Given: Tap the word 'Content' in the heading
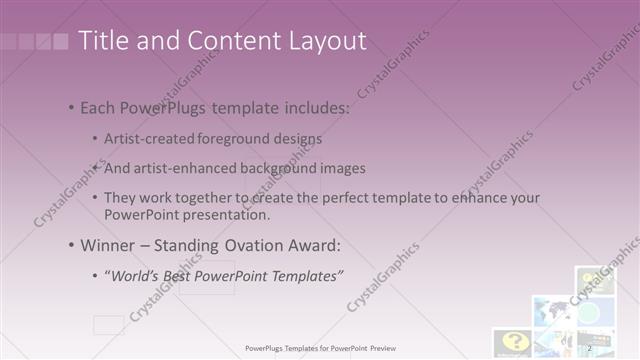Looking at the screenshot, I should tap(218, 40).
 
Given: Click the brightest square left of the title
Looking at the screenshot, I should tap(61, 42).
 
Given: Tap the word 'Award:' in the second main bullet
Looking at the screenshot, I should tap(313, 244).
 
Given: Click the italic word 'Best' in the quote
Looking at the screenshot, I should tap(175, 274).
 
